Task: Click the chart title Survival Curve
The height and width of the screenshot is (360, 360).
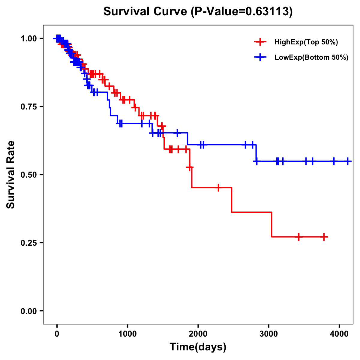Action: point(146,11)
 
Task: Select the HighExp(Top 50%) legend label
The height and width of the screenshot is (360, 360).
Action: point(306,42)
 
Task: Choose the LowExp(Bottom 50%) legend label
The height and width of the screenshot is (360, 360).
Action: point(311,58)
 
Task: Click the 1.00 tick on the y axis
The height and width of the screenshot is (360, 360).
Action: point(28,39)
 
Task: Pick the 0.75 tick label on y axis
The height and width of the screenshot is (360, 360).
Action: point(28,107)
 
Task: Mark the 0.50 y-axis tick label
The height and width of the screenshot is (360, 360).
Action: point(28,175)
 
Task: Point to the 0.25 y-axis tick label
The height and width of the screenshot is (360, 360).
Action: point(28,243)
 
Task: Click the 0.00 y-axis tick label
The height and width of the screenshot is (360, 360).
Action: point(28,311)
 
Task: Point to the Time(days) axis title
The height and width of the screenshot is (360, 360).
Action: point(198,347)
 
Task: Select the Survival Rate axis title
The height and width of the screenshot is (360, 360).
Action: point(11,175)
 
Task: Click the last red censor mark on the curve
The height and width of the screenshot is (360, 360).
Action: point(324,237)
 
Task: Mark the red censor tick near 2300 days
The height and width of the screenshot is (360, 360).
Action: point(218,187)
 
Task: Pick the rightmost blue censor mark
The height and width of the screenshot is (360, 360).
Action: point(347,161)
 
